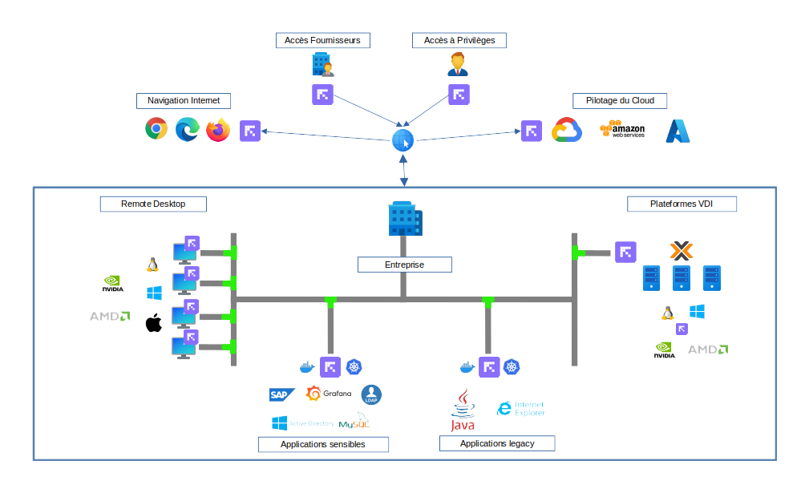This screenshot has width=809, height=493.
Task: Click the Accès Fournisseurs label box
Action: [322, 40]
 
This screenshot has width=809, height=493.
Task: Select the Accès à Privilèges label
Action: [459, 40]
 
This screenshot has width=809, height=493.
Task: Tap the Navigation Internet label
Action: [184, 101]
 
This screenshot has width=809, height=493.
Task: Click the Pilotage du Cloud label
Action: [620, 101]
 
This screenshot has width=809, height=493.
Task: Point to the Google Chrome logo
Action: [156, 129]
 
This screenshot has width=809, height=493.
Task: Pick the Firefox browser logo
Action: [218, 130]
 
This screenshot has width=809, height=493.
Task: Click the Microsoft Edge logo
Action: [187, 129]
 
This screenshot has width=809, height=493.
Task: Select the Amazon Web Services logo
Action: [623, 130]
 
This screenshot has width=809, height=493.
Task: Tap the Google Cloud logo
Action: [566, 130]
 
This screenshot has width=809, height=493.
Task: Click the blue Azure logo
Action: [678, 131]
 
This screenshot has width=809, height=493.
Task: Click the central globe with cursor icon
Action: [402, 141]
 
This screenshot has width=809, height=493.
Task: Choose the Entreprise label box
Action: [404, 265]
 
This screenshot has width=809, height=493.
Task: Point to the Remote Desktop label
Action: [153, 204]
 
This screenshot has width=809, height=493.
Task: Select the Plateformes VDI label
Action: [681, 204]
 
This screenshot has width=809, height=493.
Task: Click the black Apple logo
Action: [153, 323]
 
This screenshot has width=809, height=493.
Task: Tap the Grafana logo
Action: [329, 394]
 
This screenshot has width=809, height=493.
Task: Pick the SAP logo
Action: [281, 394]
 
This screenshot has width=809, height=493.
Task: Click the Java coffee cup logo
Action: [462, 409]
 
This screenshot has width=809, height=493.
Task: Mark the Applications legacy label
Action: [496, 443]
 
